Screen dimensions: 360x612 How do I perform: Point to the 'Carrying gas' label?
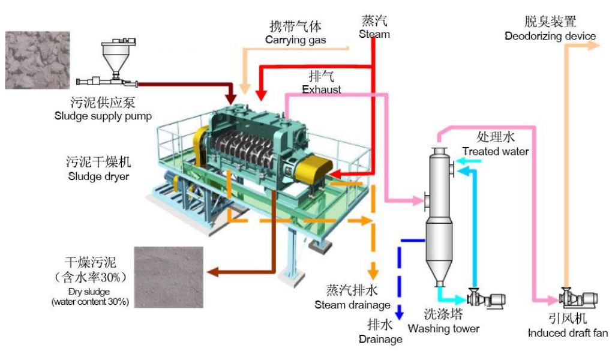click(295, 40)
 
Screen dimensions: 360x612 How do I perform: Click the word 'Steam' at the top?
click(374, 34)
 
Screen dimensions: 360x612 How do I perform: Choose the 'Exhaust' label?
click(322, 89)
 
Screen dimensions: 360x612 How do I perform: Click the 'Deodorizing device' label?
click(550, 36)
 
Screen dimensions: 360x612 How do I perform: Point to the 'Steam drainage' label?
click(352, 305)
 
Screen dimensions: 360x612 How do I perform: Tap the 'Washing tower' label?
click(444, 328)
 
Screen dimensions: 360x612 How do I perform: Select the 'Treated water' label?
click(496, 151)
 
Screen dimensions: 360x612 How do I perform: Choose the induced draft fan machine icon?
click(577, 297)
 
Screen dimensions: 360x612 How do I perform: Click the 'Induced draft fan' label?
click(568, 333)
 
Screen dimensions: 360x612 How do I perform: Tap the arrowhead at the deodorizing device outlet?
click(593, 46)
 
